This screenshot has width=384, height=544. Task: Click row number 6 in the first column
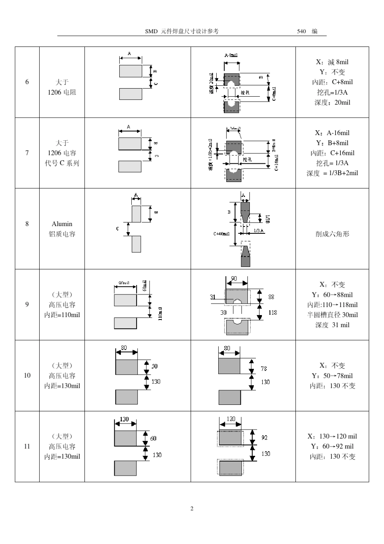tap(27, 82)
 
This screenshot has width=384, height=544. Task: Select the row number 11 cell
tap(27, 447)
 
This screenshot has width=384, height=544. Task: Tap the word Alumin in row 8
tap(62, 224)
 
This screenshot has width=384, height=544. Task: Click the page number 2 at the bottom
tap(192, 508)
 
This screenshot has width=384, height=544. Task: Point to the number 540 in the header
tap(302, 31)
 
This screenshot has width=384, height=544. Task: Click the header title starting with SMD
tap(182, 31)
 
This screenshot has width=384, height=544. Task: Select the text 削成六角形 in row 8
tap(332, 234)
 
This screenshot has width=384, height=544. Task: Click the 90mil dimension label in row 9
tap(124, 283)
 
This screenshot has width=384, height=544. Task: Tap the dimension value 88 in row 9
tap(271, 297)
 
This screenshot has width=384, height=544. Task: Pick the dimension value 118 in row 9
tap(272, 313)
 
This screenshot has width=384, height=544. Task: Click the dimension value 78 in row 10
tap(264, 368)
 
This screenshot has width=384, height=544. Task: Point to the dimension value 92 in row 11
tap(264, 438)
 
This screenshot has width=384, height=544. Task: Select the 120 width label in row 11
tap(230, 419)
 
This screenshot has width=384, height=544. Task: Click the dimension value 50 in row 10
tap(154, 366)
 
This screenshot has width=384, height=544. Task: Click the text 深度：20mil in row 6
tap(332, 102)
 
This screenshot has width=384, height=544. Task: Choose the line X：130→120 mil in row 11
tap(332, 436)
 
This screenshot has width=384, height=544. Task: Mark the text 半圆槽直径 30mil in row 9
tap(332, 315)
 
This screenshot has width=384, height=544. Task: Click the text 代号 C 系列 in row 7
tap(62, 163)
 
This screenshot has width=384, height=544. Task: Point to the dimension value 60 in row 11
tap(153, 438)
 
